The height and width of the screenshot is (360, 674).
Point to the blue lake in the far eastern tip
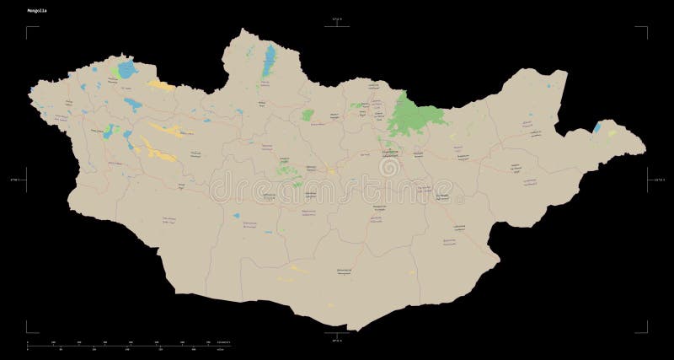click(x=597, y=127)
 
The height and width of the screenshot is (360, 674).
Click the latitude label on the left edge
click(x=11, y=179)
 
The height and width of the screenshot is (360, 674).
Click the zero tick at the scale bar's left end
click(x=28, y=344)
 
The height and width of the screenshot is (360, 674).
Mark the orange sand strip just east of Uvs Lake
click(x=162, y=84)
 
